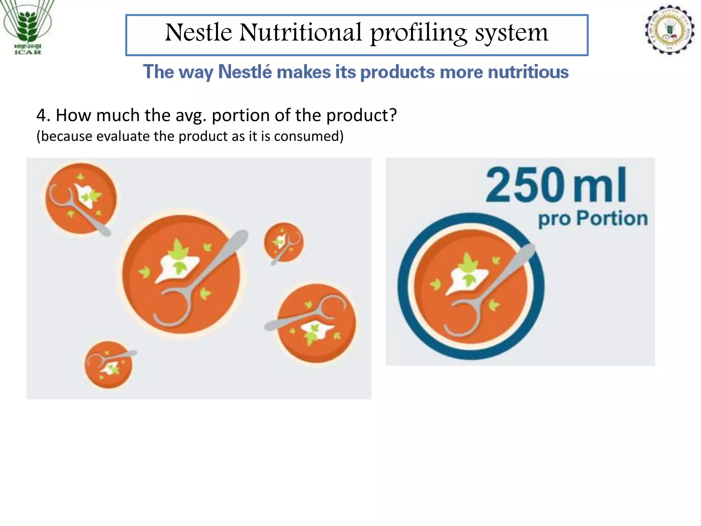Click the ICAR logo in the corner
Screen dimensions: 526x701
tap(27, 27)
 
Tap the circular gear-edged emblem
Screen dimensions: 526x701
tap(670, 30)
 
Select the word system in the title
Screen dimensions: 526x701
tap(511, 33)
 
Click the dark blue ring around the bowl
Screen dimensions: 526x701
tap(404, 286)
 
